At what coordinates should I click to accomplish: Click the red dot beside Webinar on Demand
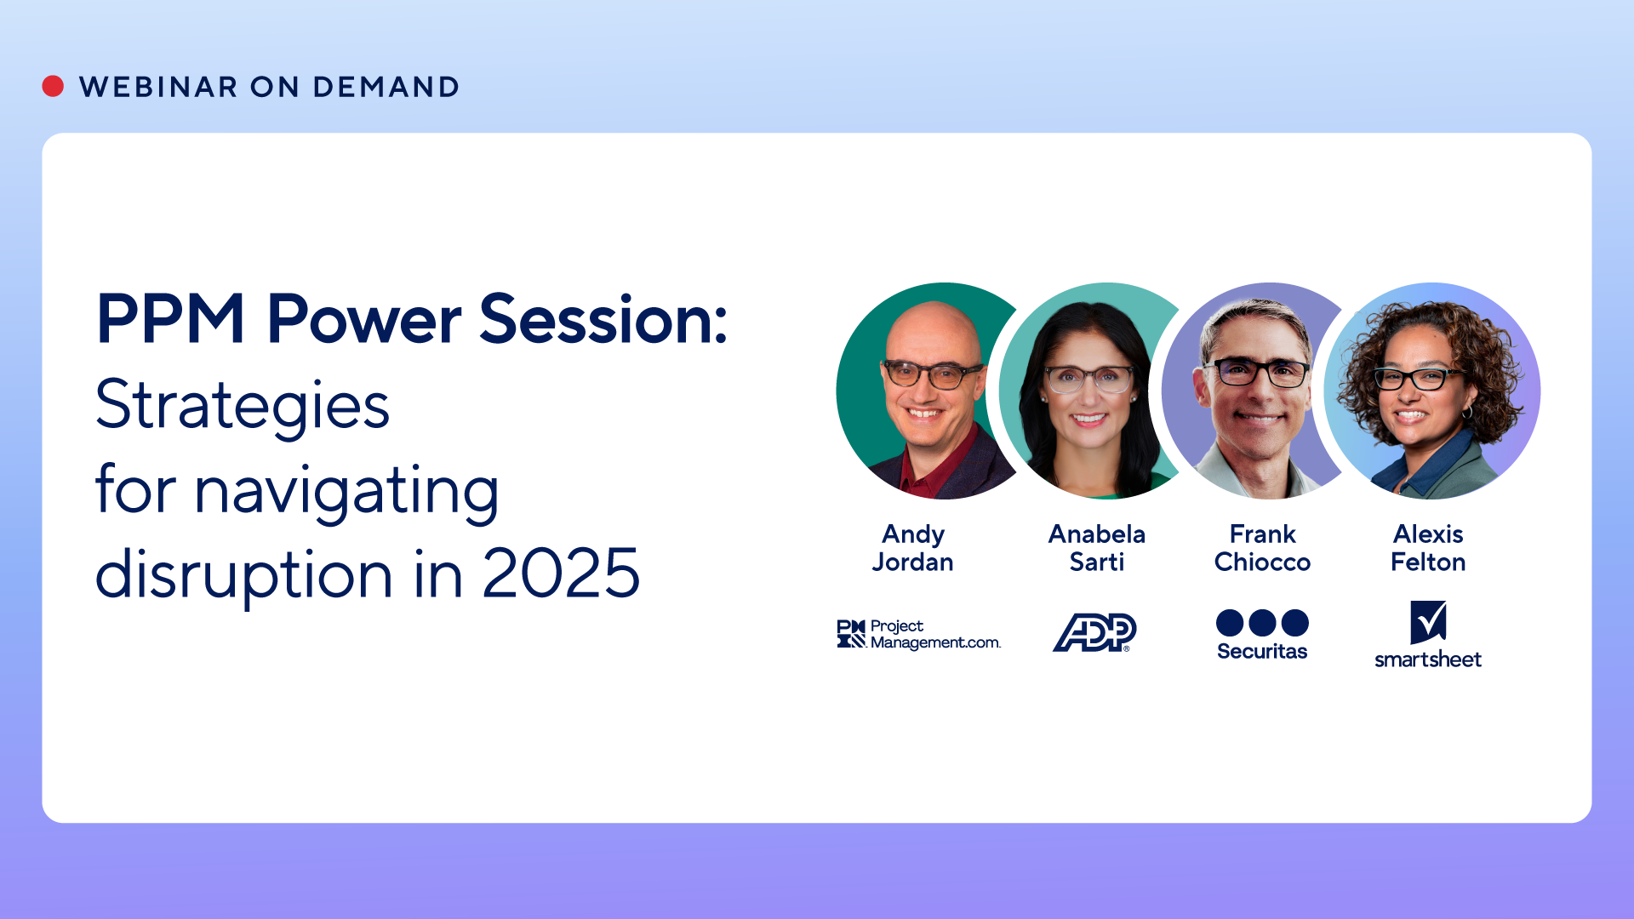point(53,86)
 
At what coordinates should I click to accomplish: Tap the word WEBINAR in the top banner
point(158,87)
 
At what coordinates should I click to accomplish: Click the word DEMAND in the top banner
point(386,87)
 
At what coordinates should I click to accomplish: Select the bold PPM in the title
point(171,319)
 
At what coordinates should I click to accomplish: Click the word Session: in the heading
point(604,319)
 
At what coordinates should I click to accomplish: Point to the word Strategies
point(243,405)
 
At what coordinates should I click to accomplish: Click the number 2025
point(561,574)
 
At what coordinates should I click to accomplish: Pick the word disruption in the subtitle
point(244,575)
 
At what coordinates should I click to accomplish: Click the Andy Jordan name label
point(913,548)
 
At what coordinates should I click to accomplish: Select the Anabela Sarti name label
point(1097,548)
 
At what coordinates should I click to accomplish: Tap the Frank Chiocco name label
point(1263,548)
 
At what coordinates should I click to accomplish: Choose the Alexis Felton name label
point(1428,548)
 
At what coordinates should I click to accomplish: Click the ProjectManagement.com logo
point(919,635)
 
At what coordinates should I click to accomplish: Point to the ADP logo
point(1095,632)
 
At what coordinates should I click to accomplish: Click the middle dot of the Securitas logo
point(1262,623)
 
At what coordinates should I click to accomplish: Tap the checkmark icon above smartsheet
point(1428,622)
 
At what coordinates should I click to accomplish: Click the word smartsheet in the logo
point(1428,659)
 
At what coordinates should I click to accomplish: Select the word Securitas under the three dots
point(1262,652)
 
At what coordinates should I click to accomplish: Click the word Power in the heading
point(364,319)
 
